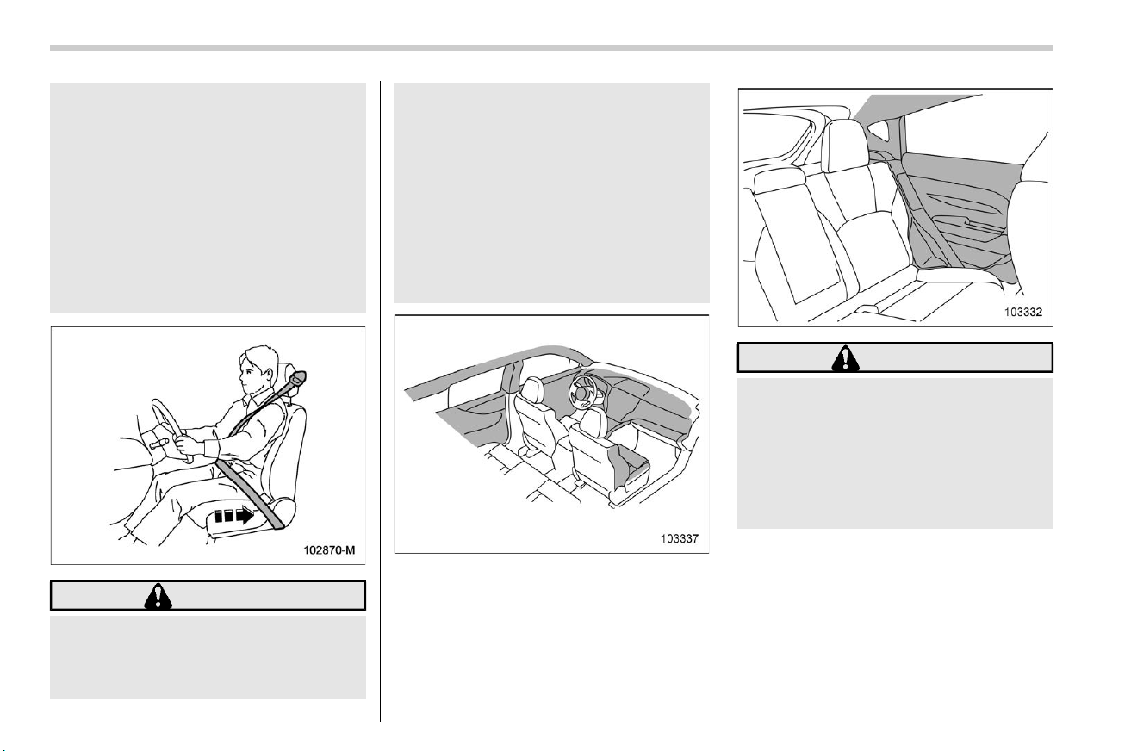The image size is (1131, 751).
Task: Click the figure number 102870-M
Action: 329,549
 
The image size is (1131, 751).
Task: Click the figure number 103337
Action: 680,538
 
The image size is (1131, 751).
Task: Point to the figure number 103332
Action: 1023,312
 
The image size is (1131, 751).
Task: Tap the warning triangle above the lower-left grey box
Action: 158,596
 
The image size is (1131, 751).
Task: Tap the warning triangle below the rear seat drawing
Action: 845,358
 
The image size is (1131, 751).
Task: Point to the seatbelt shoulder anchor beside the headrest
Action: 296,377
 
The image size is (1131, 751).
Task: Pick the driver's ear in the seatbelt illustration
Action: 269,374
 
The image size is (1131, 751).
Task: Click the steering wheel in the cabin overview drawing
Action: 583,390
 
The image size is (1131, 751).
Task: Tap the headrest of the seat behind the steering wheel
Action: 533,389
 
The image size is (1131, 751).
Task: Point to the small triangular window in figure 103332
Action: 879,129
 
